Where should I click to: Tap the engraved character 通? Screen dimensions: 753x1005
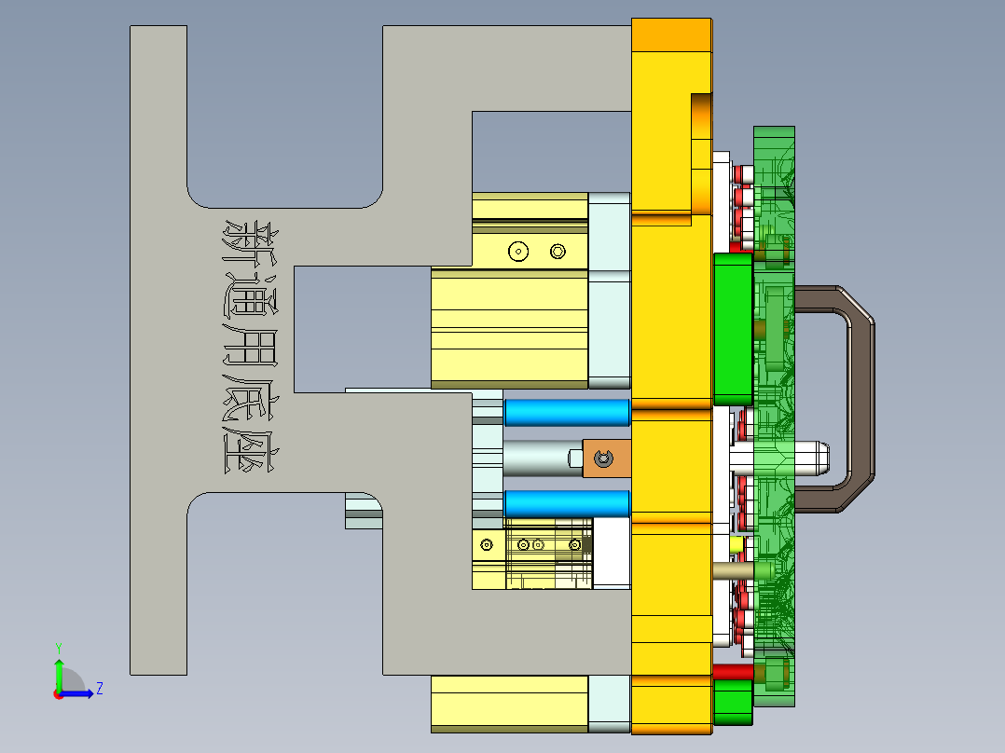[250, 295]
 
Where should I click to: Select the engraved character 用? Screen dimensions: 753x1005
[250, 348]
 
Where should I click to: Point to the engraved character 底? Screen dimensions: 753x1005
[250, 399]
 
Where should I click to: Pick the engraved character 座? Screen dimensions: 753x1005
[250, 449]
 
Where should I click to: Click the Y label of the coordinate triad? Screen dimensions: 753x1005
[58, 647]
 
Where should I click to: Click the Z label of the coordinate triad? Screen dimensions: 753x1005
[99, 689]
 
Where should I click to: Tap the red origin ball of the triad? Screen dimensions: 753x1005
[58, 693]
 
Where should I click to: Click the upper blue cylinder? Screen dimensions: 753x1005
[566, 412]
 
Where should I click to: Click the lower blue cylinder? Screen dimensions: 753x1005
[566, 503]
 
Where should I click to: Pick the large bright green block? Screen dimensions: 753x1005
[733, 328]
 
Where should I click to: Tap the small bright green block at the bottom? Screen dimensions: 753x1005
[733, 701]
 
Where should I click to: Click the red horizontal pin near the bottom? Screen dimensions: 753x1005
[733, 671]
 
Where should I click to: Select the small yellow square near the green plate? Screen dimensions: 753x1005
[736, 543]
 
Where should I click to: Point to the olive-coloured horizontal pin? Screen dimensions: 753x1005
[737, 569]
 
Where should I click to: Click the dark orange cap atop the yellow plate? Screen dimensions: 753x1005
[670, 35]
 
